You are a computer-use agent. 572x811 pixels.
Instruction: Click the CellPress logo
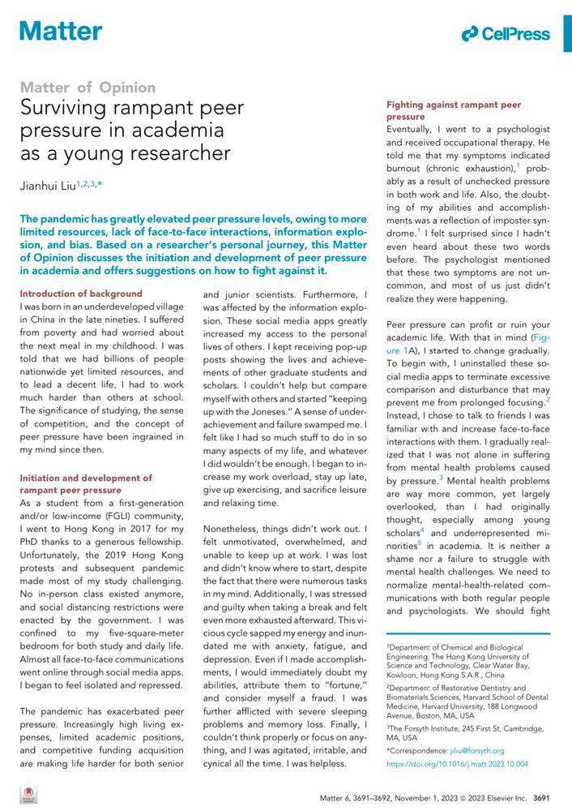pyautogui.click(x=506, y=34)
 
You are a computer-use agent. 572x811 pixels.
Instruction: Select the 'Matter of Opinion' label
pyautogui.click(x=87, y=88)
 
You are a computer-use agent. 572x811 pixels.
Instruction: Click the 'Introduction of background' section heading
pyautogui.click(x=80, y=294)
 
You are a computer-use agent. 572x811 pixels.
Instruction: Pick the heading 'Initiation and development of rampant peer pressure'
pyautogui.click(x=85, y=484)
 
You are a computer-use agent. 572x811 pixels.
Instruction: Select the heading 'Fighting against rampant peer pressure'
pyautogui.click(x=453, y=111)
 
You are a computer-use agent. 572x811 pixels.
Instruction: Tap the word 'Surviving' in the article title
pyautogui.click(x=66, y=108)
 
